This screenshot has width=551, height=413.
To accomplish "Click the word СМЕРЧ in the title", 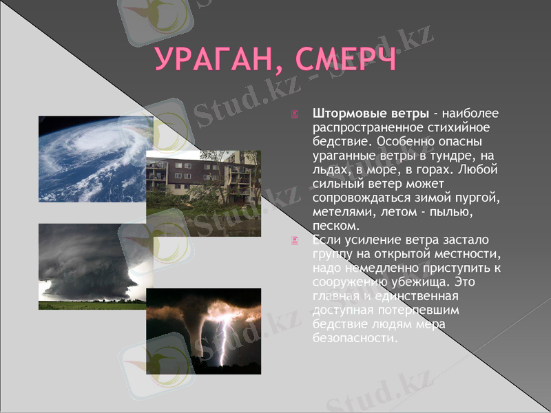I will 346,60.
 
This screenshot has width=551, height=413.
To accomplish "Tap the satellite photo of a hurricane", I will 95,158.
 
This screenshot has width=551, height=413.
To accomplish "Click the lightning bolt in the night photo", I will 222,334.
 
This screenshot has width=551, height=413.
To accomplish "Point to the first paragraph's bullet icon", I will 295,114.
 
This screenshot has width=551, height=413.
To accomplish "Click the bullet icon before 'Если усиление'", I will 295,240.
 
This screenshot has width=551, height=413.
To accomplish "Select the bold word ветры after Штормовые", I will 406,113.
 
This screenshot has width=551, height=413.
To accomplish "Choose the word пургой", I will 476,198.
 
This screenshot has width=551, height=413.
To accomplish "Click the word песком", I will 335,226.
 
